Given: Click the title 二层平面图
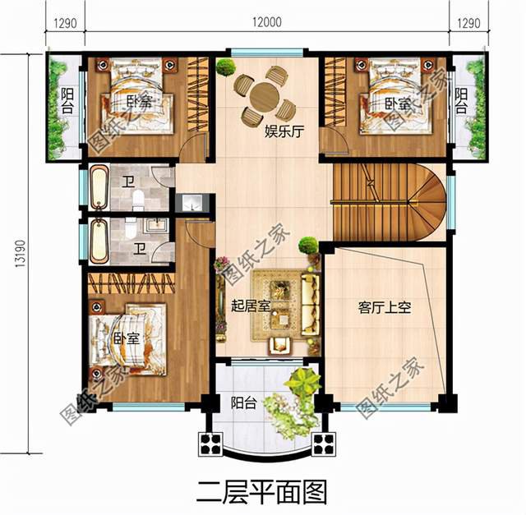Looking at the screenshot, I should [x=263, y=491].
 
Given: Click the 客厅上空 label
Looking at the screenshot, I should [x=384, y=308].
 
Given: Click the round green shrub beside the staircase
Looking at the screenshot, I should [x=307, y=244].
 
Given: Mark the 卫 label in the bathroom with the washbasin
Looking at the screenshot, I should [x=140, y=246].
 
